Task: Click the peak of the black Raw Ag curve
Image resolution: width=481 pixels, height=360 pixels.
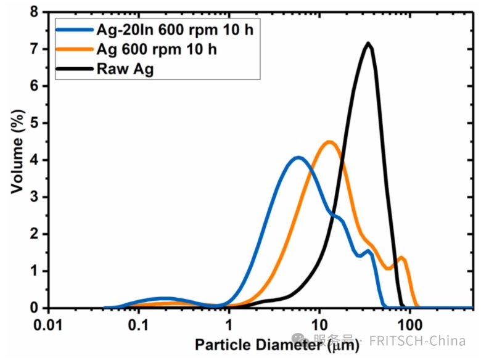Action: [x=368, y=44]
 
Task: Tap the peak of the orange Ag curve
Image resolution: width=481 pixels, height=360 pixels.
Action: [x=329, y=142]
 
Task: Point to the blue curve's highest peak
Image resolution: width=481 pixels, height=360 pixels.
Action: [x=298, y=158]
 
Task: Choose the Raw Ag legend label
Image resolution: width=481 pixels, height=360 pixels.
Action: [x=125, y=68]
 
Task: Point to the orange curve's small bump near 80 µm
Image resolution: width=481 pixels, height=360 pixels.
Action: [x=401, y=258]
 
